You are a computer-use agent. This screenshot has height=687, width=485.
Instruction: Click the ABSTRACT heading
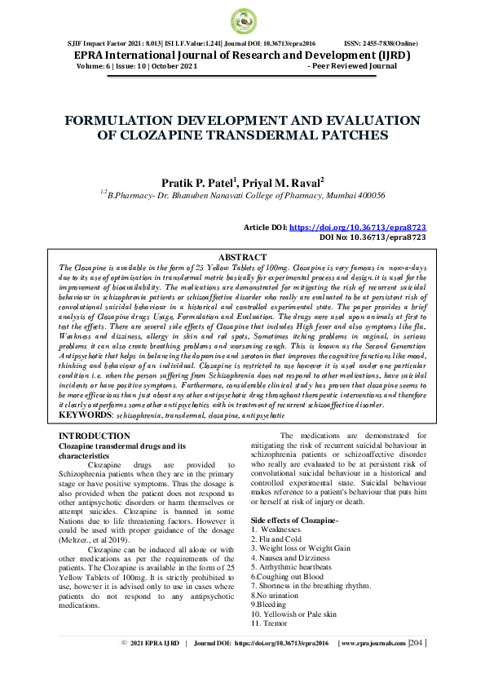coord(242,257)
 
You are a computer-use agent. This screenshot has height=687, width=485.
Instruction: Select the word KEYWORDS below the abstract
coord(86,415)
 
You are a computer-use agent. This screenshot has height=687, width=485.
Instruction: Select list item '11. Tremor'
coord(271,623)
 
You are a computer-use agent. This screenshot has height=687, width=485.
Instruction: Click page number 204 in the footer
coord(416,666)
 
